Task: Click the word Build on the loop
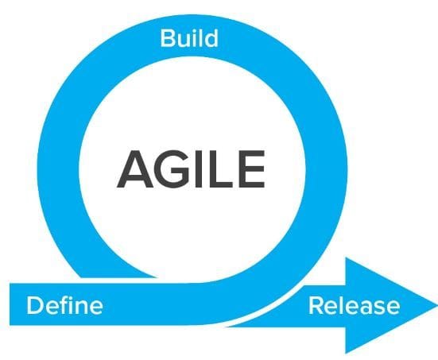pos(189,38)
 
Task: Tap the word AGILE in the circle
pos(191,169)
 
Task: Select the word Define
pos(64,305)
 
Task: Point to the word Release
pos(354,305)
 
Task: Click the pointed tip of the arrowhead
pos(437,305)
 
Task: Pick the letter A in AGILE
pos(135,169)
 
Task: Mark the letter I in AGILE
pos(198,169)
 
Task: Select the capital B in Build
pos(168,38)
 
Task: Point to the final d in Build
pos(211,38)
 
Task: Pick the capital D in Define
pos(35,305)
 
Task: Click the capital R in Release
pos(316,305)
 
